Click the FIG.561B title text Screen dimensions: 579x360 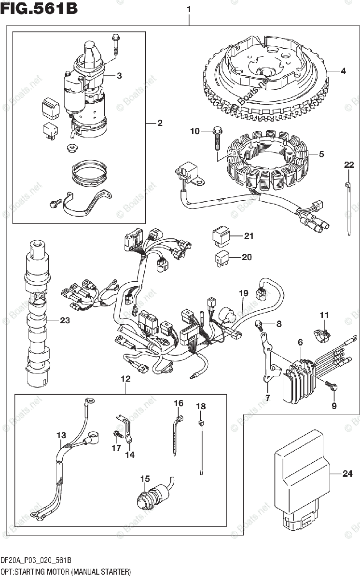pyautogui.click(x=39, y=10)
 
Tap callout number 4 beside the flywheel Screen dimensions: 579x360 pyautogui.click(x=343, y=71)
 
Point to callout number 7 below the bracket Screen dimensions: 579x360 pyautogui.click(x=267, y=398)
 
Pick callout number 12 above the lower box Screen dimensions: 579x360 pyautogui.click(x=125, y=380)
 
